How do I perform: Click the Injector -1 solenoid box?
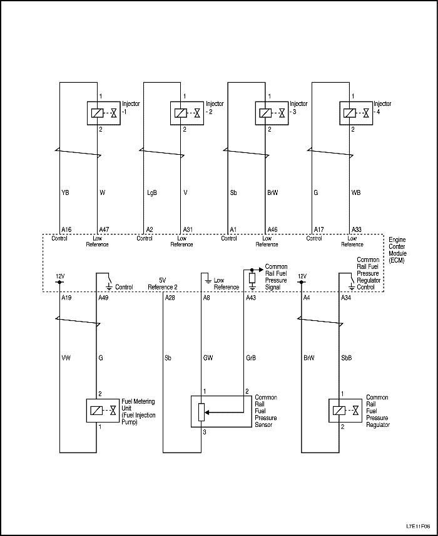(102, 113)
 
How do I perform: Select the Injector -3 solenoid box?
(272, 113)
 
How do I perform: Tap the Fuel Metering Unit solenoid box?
(102, 411)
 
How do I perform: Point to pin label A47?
(104, 230)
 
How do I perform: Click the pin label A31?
(188, 230)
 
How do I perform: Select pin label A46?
(273, 230)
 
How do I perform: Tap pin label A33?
(357, 230)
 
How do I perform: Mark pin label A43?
(251, 298)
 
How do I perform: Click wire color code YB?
(65, 192)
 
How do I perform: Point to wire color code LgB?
(151, 192)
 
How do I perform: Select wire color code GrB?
(251, 358)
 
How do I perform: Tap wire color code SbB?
(347, 358)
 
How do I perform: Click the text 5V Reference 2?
(162, 283)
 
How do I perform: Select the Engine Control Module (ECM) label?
(397, 251)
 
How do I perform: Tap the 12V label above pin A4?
(302, 276)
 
